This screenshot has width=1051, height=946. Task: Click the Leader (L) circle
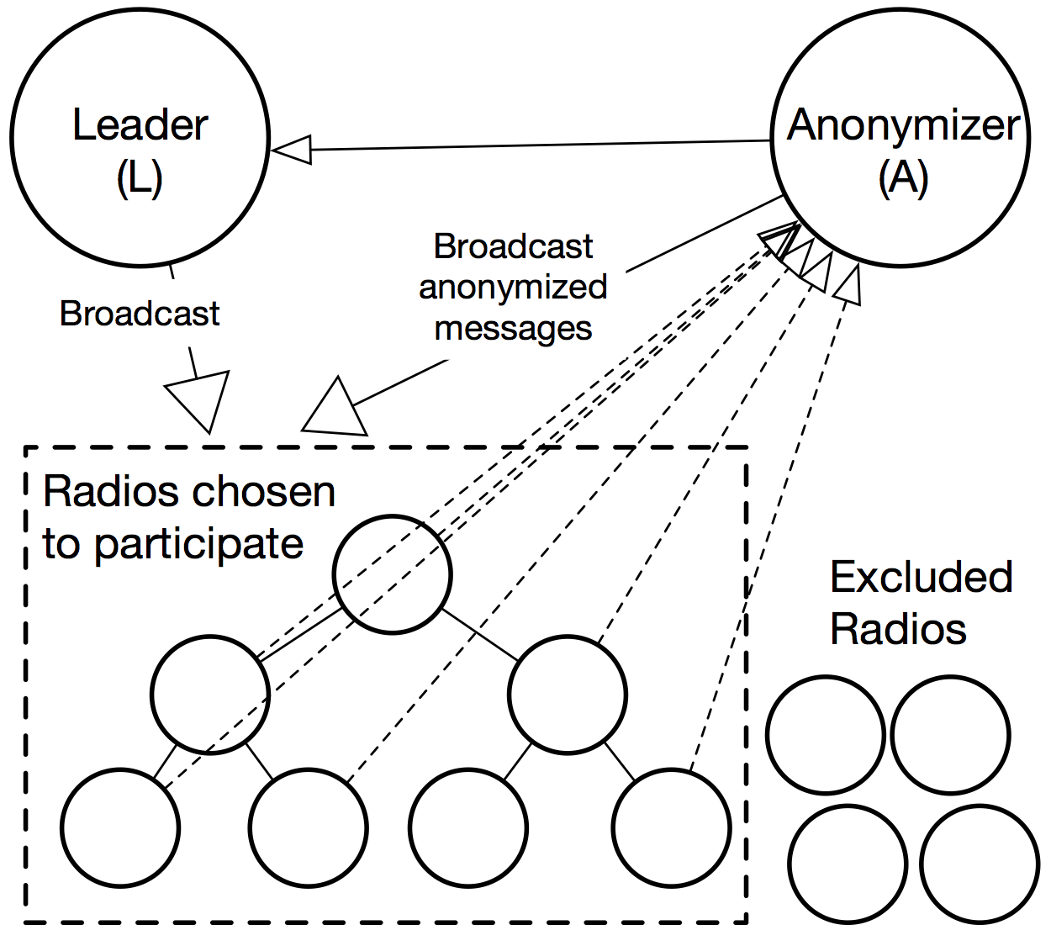[140, 139]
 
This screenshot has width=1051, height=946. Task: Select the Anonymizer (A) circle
[900, 139]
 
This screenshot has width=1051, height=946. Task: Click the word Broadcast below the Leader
[140, 314]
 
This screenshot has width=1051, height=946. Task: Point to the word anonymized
[513, 288]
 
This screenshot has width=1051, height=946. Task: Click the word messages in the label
[513, 328]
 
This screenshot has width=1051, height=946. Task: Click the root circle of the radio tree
[392, 574]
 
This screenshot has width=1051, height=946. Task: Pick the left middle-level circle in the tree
[210, 695]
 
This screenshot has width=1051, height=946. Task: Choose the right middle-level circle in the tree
[568, 695]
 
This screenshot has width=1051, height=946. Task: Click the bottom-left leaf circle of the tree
[120, 827]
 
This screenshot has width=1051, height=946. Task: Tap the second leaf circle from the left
[309, 827]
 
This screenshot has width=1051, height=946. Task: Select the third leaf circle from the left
[468, 827]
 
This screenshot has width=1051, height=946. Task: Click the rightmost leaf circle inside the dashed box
[672, 827]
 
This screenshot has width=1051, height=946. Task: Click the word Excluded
[921, 577]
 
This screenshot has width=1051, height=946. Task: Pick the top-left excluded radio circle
[826, 735]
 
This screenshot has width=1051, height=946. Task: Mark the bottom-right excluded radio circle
[980, 864]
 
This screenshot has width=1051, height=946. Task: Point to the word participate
[198, 544]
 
